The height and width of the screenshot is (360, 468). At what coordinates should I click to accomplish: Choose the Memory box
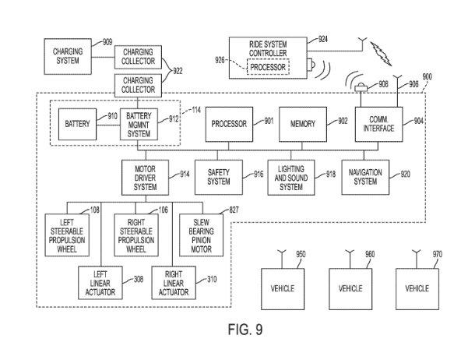[303, 124]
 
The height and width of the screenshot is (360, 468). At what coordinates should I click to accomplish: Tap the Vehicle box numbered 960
[351, 288]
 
